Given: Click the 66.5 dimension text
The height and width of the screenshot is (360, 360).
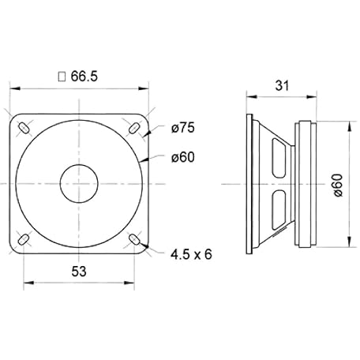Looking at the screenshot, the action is coord(84,77).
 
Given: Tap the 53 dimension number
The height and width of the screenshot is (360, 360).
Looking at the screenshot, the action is coord(79,272).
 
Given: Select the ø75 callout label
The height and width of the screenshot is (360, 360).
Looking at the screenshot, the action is coord(183,128).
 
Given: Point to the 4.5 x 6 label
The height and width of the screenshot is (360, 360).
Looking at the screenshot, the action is coord(191,254).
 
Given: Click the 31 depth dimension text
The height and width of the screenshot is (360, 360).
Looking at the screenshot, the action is coord(282,85).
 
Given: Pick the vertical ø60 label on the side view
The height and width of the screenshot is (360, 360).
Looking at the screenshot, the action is coord(338,185).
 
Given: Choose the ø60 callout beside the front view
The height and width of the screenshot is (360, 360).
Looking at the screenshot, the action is coord(183,157).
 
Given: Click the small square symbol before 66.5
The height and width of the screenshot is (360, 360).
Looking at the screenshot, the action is coord(62,77).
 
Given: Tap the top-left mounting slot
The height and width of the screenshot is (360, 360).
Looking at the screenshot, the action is coord(24,128).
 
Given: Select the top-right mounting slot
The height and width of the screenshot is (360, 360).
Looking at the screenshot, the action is coord(134,128).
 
